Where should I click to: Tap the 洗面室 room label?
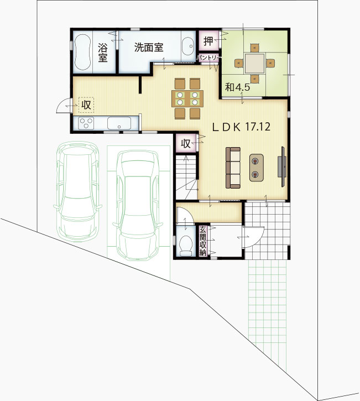pos(149,48)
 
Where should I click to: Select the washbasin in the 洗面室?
pos(187,46)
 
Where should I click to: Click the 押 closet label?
pos(208,40)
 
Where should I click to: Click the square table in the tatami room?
pos(254,63)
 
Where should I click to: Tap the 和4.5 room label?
pos(237,87)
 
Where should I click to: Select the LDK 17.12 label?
pos(241,127)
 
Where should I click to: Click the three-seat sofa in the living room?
pos(233,168)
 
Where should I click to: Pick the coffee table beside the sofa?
pos(257,168)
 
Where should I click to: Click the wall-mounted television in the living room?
pos(282,166)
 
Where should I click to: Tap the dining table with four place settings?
pos(187,98)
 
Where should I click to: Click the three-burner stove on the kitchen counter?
pos(86,123)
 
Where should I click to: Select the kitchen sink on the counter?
pos(119,123)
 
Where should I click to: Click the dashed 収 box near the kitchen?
pos(86,105)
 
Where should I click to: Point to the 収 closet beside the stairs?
pos(186,144)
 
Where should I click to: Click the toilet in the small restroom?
pos(186,246)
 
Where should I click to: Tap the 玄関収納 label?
pos(203,241)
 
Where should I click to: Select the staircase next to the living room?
pos(186,177)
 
